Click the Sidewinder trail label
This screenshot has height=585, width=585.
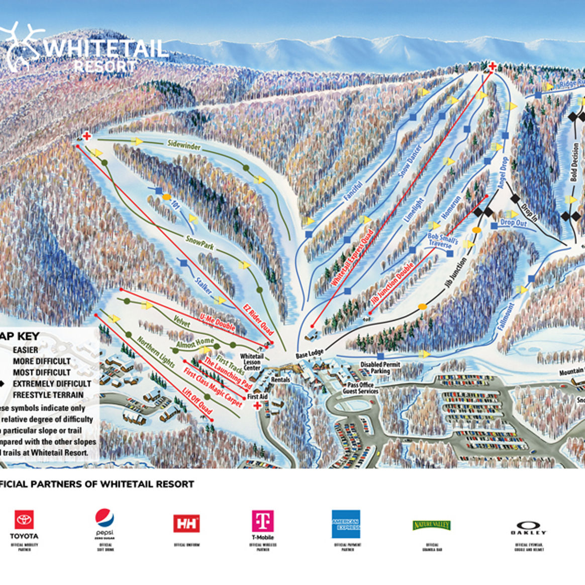click(184, 145)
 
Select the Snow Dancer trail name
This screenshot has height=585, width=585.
click(410, 161)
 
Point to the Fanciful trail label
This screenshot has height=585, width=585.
click(353, 191)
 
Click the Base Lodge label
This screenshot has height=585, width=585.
click(310, 354)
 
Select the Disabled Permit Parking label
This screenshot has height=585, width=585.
click(380, 368)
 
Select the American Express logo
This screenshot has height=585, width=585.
click(346, 524)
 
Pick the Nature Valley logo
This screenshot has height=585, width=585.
click(432, 525)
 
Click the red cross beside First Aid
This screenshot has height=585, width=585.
click(257, 406)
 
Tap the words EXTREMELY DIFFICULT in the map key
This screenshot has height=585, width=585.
click(52, 383)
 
